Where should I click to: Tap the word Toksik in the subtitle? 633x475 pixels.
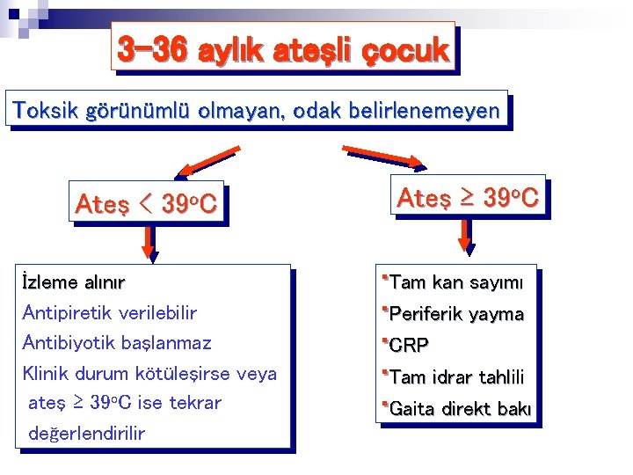[43, 111]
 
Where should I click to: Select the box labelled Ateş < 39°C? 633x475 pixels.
[146, 204]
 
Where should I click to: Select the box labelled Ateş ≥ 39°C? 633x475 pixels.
[468, 198]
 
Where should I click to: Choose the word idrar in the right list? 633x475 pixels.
[453, 377]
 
